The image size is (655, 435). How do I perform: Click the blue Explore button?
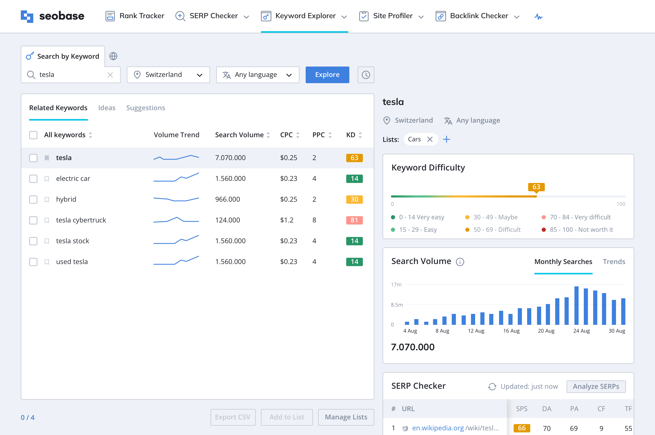pyautogui.click(x=327, y=75)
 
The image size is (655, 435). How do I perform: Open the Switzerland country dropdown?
pyautogui.click(x=168, y=75)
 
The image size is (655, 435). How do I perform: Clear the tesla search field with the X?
pyautogui.click(x=110, y=75)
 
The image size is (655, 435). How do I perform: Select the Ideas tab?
pyautogui.click(x=107, y=108)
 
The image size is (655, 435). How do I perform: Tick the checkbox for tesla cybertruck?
pyautogui.click(x=33, y=220)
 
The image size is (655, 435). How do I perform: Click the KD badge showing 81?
pyautogui.click(x=354, y=220)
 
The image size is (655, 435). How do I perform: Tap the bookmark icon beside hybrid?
pyautogui.click(x=47, y=200)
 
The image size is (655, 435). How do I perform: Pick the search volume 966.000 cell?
pyautogui.click(x=227, y=199)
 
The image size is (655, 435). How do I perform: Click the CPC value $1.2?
pyautogui.click(x=287, y=220)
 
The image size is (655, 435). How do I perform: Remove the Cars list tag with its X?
pyautogui.click(x=430, y=139)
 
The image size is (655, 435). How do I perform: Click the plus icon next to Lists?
pyautogui.click(x=446, y=139)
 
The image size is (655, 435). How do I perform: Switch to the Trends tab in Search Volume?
pyautogui.click(x=614, y=262)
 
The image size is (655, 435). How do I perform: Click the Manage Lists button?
pyautogui.click(x=346, y=417)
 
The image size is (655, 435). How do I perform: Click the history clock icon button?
pyautogui.click(x=366, y=75)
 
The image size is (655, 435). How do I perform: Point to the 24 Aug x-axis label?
pyautogui.click(x=581, y=331)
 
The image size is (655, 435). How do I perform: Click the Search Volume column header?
pyautogui.click(x=239, y=135)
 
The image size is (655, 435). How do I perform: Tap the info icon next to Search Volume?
pyautogui.click(x=460, y=262)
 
